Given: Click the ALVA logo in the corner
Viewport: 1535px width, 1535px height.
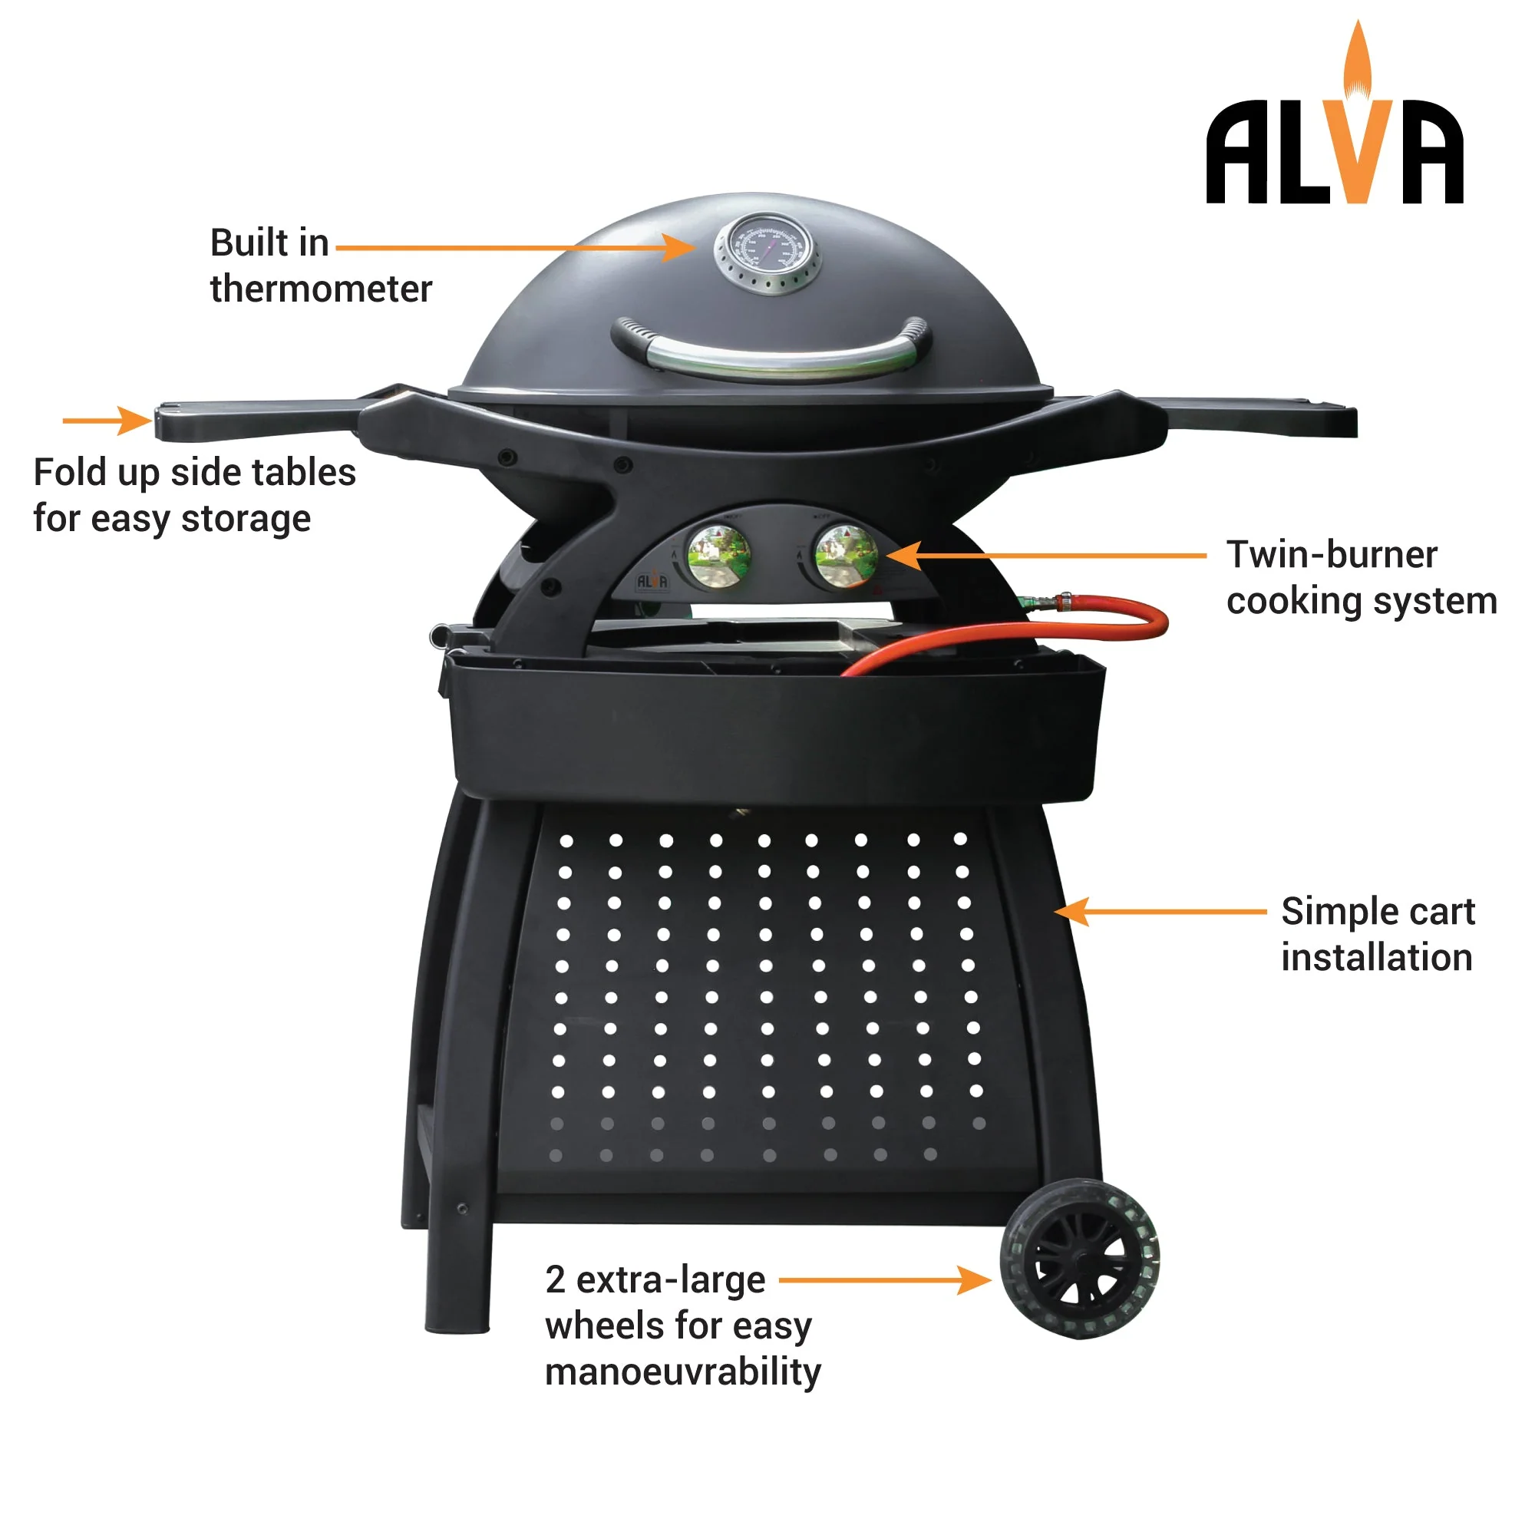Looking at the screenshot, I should (x=1334, y=151).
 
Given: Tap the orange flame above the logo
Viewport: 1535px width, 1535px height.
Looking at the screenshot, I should (x=1357, y=60).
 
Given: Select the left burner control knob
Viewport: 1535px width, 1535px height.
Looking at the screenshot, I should (x=718, y=556).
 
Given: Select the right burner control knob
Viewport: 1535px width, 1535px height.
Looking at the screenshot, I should (x=846, y=556).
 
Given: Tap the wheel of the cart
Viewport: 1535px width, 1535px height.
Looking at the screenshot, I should (x=1079, y=1259).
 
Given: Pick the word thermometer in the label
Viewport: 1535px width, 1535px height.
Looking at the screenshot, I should (x=321, y=289).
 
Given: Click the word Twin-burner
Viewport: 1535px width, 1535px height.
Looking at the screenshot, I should (x=1332, y=555).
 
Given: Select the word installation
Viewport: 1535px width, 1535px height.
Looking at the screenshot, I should (x=1376, y=957).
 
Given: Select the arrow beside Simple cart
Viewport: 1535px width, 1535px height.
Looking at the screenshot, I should (x=1160, y=911).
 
